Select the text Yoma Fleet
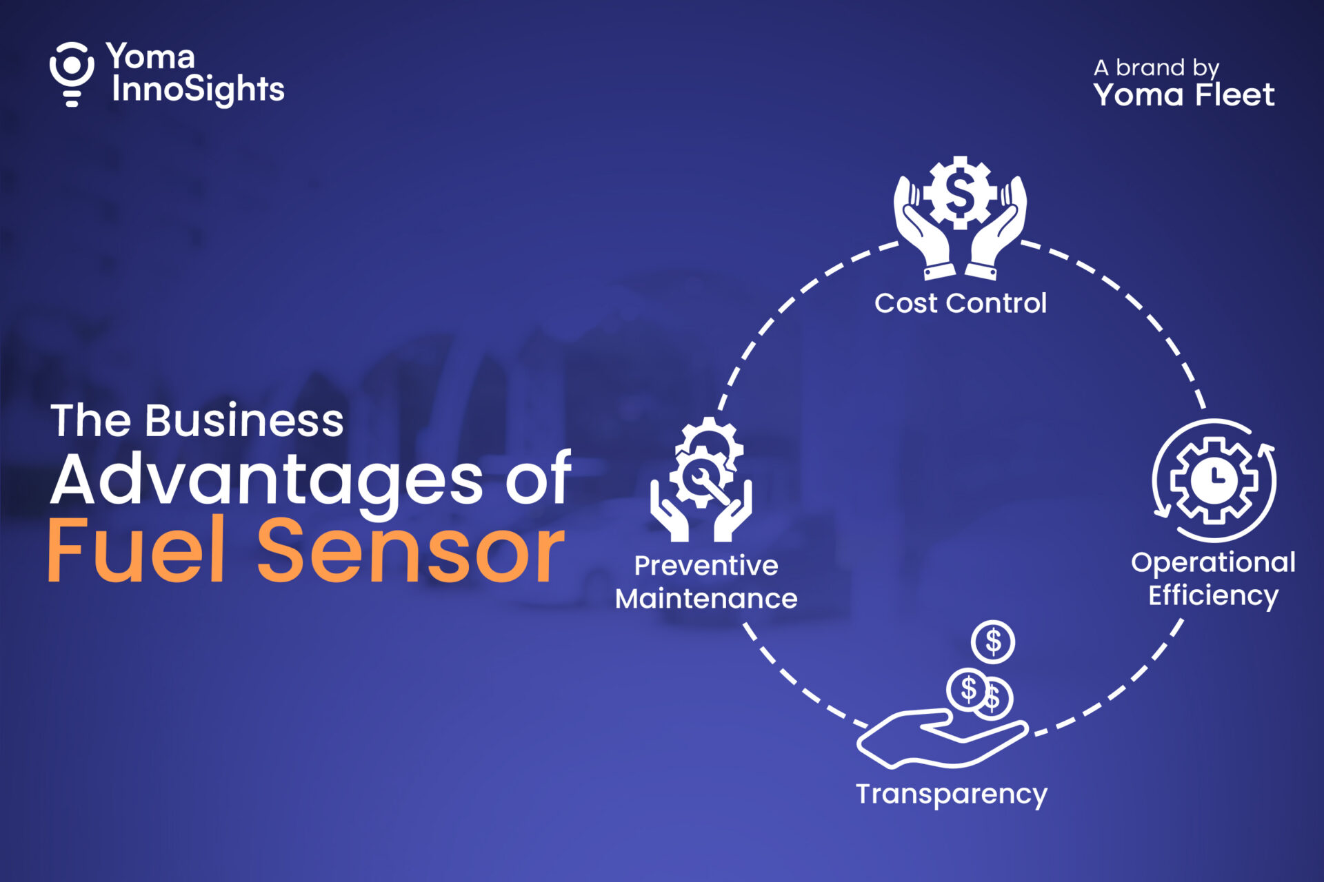[x=1184, y=95]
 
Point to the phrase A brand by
[x=1156, y=68]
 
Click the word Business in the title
[x=244, y=420]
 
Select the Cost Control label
[x=961, y=303]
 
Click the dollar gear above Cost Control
[x=960, y=192]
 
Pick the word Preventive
[x=706, y=566]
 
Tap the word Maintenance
[x=706, y=599]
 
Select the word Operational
[x=1213, y=563]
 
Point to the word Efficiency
[x=1213, y=595]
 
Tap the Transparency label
[x=952, y=794]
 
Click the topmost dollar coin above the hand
[x=993, y=642]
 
